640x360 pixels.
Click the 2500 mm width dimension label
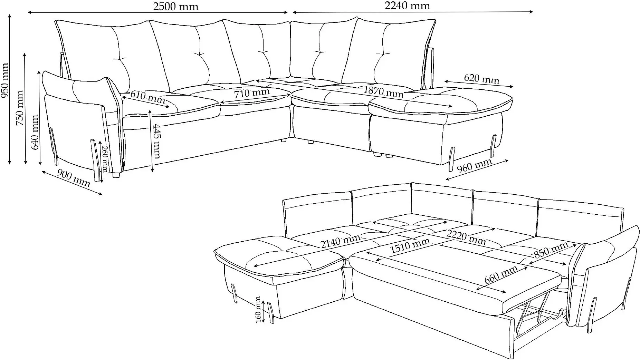coord(176,7)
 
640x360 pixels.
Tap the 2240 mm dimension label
coord(407,6)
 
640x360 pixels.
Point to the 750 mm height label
coord(20,108)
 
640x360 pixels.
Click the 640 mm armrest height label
coord(35,132)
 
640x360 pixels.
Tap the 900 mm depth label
coord(73,178)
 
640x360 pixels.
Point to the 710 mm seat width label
coord(252,93)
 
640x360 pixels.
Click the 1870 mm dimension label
coord(383,91)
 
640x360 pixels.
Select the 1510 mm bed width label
coord(410,245)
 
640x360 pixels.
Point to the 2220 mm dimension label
coord(466,237)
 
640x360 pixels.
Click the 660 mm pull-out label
coord(501,274)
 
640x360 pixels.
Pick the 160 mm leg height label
coord(258,310)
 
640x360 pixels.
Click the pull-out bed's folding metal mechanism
coord(539,311)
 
